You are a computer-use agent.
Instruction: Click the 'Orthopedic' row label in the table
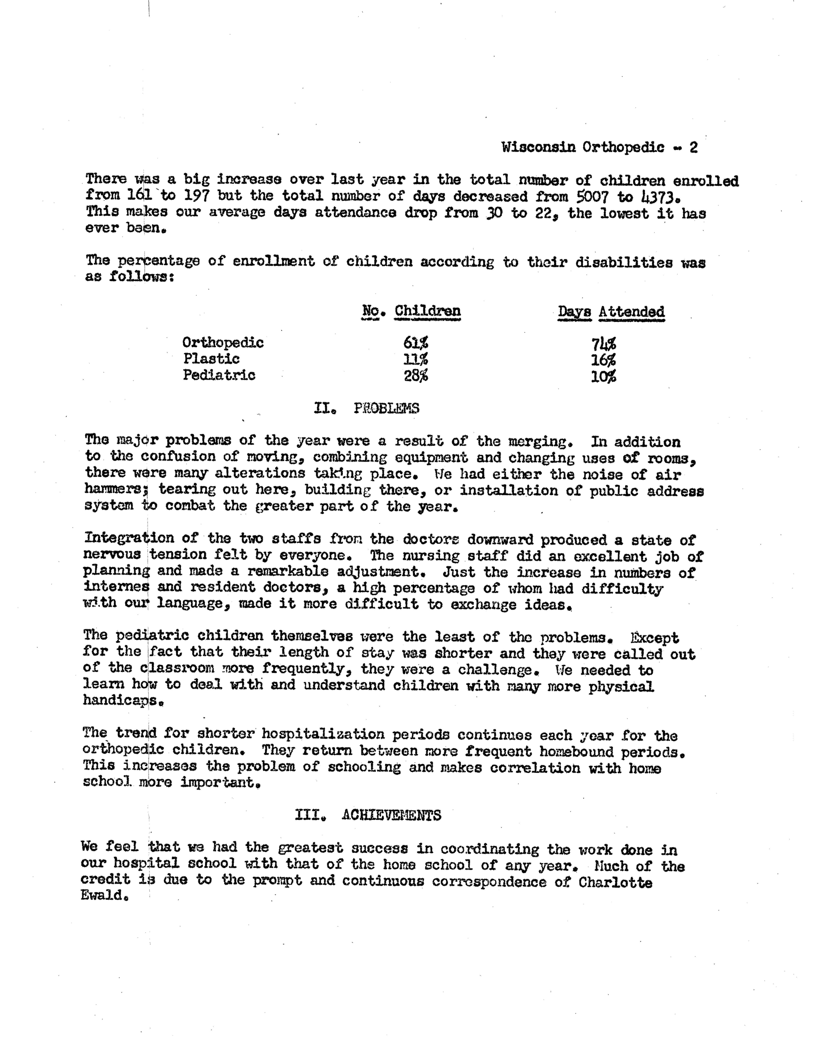pyautogui.click(x=223, y=343)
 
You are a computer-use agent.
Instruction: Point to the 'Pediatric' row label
pyautogui.click(x=219, y=375)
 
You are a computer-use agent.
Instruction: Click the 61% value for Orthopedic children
pyautogui.click(x=415, y=343)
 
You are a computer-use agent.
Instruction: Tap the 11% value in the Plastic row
pyautogui.click(x=415, y=359)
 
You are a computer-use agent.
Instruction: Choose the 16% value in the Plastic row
pyautogui.click(x=603, y=360)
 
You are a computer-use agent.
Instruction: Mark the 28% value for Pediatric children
pyautogui.click(x=415, y=376)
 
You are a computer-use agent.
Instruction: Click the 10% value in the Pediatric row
pyautogui.click(x=603, y=377)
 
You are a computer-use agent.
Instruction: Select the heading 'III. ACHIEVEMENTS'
pyautogui.click(x=368, y=816)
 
